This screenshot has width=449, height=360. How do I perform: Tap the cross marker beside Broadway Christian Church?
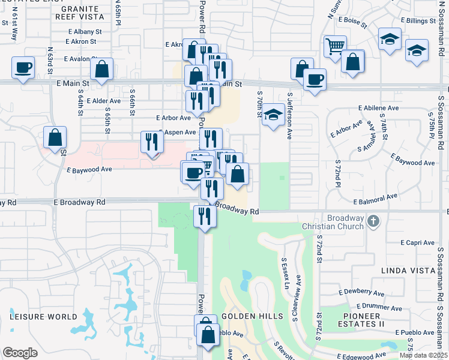click(x=373, y=221)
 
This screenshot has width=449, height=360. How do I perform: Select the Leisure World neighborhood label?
click(x=43, y=316)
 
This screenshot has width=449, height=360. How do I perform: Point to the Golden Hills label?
click(x=244, y=316)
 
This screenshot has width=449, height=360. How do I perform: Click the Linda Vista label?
click(x=408, y=271)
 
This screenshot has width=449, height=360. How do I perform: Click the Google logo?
click(x=19, y=353)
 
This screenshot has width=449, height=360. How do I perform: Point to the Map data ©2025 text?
click(x=424, y=355)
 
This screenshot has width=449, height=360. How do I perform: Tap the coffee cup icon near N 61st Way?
click(x=23, y=67)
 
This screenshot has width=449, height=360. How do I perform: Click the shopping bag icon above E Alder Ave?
click(x=102, y=70)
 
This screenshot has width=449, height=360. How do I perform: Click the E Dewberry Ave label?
click(x=361, y=292)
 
